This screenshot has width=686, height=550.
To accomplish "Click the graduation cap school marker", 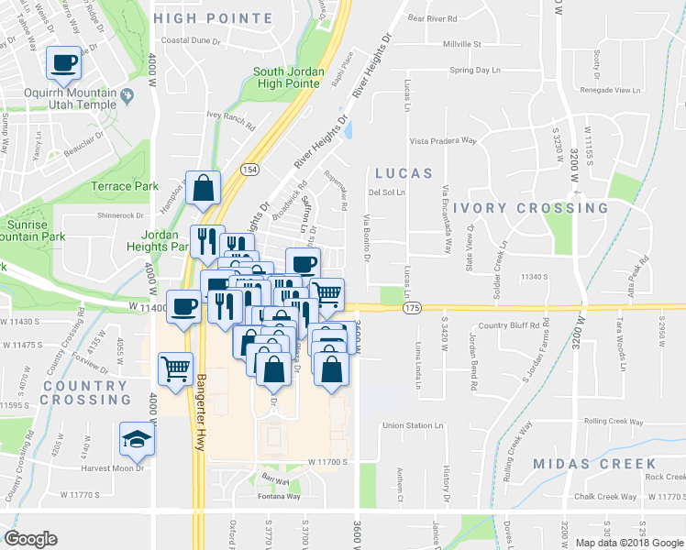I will (137, 440).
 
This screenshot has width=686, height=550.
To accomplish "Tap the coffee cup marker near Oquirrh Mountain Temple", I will (63, 63).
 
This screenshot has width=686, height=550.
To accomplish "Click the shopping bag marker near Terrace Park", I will (203, 188).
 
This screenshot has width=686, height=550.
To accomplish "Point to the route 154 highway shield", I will (249, 170).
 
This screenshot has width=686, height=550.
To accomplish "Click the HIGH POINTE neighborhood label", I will (214, 18).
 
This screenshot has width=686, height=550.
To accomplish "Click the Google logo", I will (30, 539).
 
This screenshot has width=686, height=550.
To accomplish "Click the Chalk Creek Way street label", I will (605, 497).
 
